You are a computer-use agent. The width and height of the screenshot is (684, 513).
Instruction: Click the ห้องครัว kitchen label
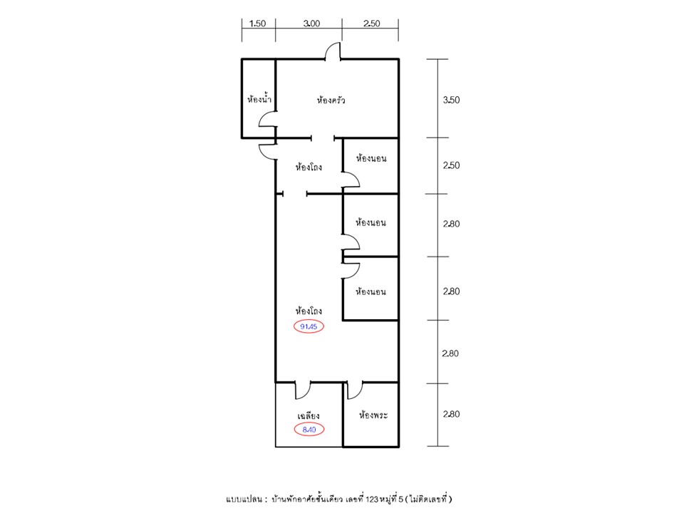331,100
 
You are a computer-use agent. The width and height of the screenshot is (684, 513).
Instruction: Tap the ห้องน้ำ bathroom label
259,99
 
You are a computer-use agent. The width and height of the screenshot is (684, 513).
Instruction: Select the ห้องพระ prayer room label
373,415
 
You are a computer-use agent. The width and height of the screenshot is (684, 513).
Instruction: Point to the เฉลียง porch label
308,415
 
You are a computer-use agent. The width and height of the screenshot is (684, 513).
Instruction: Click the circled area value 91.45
309,326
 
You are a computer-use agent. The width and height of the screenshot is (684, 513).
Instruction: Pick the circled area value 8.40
309,430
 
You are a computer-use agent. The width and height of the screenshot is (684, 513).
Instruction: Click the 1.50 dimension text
257,24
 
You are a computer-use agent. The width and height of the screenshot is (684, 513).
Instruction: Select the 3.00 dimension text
311,24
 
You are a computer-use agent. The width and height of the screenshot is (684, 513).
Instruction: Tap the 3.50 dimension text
451,100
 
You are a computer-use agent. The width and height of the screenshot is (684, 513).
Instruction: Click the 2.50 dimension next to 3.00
372,24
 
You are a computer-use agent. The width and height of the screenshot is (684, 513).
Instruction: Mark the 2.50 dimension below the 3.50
451,165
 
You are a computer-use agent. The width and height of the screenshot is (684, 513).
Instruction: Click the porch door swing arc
306,395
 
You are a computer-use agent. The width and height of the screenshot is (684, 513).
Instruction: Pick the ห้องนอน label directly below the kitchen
370,158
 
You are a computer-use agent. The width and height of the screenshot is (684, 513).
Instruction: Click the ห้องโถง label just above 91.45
309,311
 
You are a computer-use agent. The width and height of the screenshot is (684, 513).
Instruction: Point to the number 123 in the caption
372,499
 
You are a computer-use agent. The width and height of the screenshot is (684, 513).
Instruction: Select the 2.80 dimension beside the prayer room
451,414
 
